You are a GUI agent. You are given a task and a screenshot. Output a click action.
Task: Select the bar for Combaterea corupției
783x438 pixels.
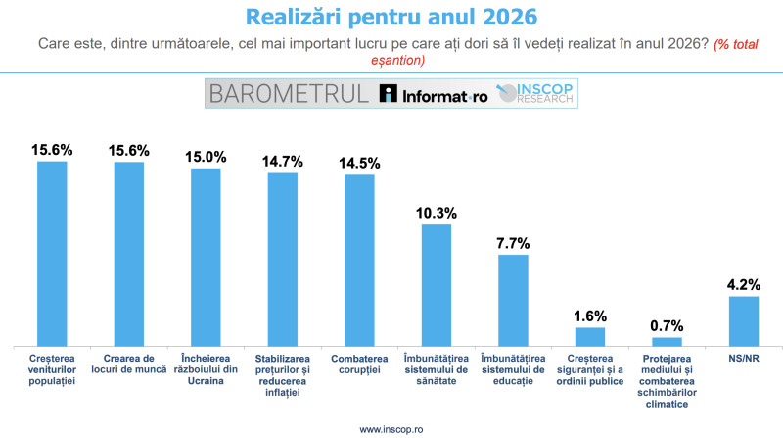click(359, 259)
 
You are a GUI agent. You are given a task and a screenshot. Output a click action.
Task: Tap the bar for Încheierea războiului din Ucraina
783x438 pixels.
click(206, 256)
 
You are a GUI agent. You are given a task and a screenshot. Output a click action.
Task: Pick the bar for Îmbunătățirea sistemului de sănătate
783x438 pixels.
click(437, 284)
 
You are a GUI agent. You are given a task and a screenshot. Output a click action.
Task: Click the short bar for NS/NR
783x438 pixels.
click(744, 319)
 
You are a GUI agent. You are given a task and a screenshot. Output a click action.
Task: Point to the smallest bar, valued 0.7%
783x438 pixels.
click(667, 340)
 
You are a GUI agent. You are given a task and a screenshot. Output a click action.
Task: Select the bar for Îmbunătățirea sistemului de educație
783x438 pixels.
click(513, 299)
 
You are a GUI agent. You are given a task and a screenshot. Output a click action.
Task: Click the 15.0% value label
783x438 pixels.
click(206, 157)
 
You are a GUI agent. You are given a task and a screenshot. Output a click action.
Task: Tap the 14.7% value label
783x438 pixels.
click(283, 161)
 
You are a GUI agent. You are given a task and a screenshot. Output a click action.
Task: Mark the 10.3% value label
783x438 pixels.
click(437, 212)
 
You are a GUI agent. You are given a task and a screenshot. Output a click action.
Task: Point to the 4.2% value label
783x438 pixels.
click(744, 284)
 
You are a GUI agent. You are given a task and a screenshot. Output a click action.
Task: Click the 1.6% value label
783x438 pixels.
click(590, 316)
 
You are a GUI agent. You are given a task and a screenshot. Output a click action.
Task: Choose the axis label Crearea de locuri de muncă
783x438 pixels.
click(129, 365)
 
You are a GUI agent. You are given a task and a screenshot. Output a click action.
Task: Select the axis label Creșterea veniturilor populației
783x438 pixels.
click(52, 365)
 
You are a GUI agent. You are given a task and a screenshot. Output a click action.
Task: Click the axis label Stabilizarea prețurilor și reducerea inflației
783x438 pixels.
click(283, 376)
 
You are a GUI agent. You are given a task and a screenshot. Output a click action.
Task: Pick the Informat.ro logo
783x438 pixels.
click(433, 94)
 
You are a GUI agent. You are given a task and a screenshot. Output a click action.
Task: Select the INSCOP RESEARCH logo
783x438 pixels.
click(538, 94)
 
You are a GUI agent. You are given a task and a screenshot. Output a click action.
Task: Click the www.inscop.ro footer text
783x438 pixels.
click(391, 428)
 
